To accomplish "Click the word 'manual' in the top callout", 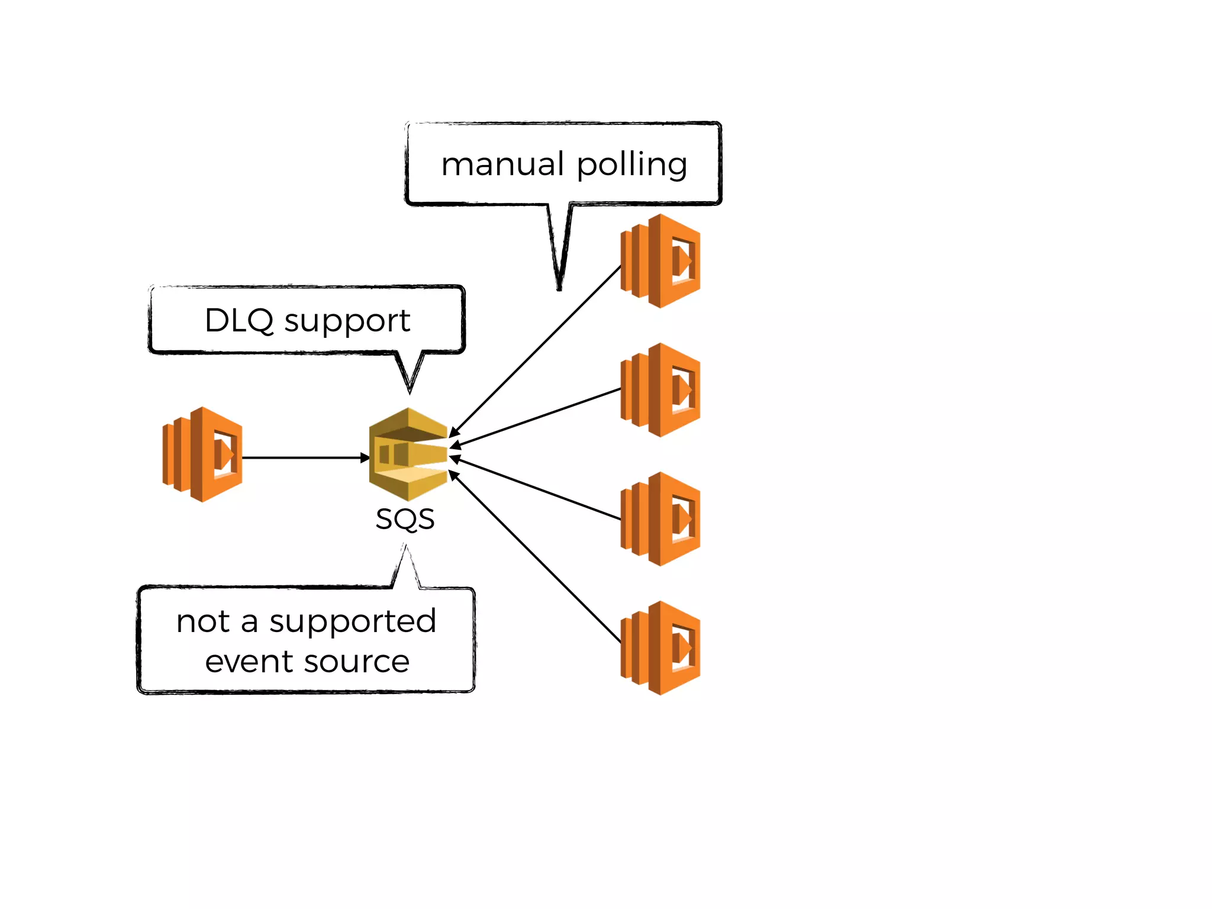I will [502, 165].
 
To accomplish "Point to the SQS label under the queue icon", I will [405, 520].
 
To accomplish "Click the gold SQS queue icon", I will [408, 454].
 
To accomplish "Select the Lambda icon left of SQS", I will [203, 454].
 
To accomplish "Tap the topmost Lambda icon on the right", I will [660, 261].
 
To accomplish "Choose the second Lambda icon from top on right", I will [660, 390].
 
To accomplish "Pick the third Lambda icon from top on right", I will [660, 519].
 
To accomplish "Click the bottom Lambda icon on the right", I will [660, 648].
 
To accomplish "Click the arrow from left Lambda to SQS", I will [305, 457].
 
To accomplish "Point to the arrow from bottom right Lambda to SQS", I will [536, 557].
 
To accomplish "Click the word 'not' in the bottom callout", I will [203, 622].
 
